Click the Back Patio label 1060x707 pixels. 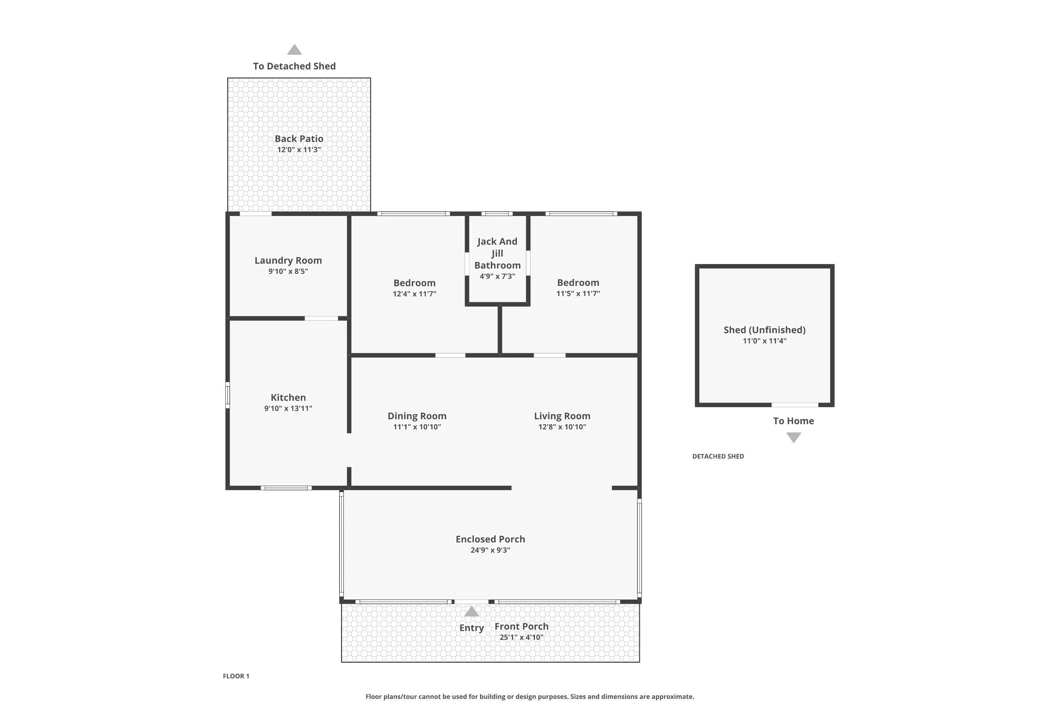[x=299, y=139]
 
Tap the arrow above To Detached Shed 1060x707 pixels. [x=294, y=49]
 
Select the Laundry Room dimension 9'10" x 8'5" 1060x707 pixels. [x=288, y=271]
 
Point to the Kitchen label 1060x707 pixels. [x=288, y=397]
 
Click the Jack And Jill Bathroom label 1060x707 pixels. [x=497, y=253]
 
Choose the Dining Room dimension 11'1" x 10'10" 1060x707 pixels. [x=417, y=427]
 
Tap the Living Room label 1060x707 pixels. [x=562, y=416]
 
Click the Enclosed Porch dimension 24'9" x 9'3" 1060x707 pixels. [x=490, y=550]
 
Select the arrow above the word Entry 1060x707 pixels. [x=471, y=612]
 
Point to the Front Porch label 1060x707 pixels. [x=522, y=626]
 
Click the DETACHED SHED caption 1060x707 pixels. [x=718, y=456]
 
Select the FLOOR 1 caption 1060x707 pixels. [x=236, y=676]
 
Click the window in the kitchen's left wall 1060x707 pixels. [x=228, y=396]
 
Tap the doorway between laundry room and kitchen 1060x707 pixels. [x=321, y=319]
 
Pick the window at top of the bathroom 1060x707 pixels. [x=497, y=214]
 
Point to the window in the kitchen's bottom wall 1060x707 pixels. [x=286, y=488]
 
